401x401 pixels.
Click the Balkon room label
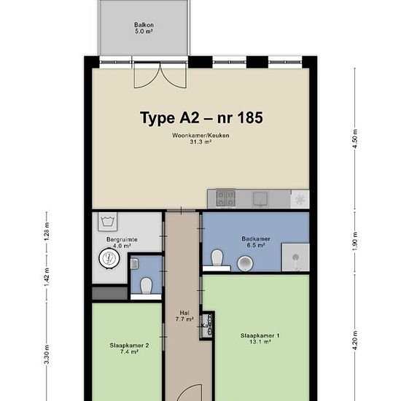[144, 28]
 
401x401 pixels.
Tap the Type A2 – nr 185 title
[201, 118]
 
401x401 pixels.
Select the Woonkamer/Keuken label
[200, 139]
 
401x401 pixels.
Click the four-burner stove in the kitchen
[225, 198]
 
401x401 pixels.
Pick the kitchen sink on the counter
[260, 199]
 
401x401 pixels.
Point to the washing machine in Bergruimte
[108, 222]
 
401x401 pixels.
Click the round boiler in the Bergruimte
[109, 258]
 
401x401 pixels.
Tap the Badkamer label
[256, 242]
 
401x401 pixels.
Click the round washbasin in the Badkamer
[245, 263]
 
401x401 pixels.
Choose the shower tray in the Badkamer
[295, 257]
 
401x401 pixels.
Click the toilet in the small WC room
[147, 286]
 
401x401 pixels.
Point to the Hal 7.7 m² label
[184, 316]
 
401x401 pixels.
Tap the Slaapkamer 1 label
[260, 338]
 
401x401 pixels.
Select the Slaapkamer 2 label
[129, 349]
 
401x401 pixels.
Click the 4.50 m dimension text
[355, 139]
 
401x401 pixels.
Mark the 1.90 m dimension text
[355, 241]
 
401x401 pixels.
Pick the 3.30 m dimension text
[47, 354]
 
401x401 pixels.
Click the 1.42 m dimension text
[47, 278]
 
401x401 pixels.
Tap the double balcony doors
[160, 75]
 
